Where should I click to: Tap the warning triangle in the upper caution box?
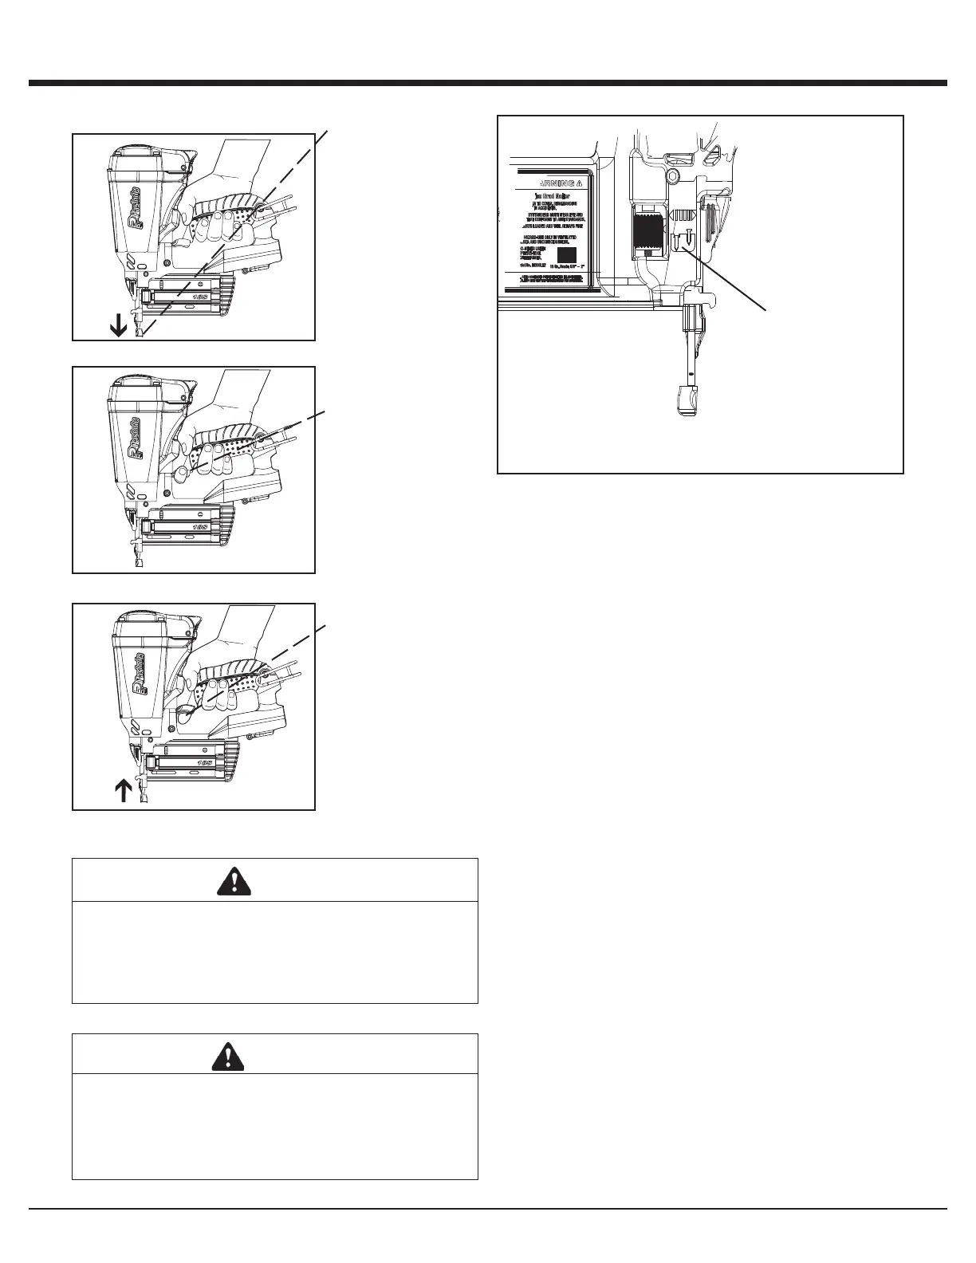[275, 879]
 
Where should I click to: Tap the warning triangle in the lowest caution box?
[275, 1055]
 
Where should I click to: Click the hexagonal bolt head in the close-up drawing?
[672, 174]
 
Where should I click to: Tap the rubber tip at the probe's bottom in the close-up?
[686, 399]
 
